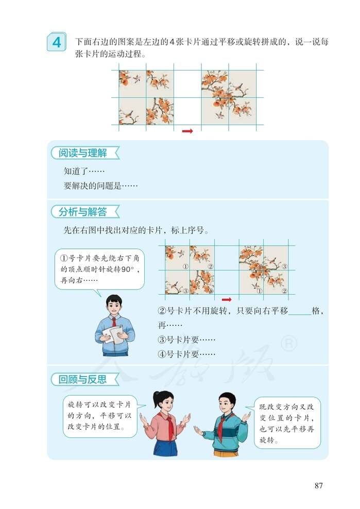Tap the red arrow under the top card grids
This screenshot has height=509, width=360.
click(x=187, y=131)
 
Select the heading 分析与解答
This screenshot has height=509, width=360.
click(x=82, y=211)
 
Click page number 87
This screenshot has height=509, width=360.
click(x=318, y=485)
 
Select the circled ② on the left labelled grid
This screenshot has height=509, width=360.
click(x=210, y=266)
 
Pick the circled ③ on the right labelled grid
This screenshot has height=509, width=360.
click(x=285, y=266)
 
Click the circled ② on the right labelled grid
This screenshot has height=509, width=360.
click(x=285, y=291)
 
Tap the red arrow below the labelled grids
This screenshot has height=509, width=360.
click(x=226, y=298)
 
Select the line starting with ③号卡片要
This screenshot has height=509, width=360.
click(x=186, y=340)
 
